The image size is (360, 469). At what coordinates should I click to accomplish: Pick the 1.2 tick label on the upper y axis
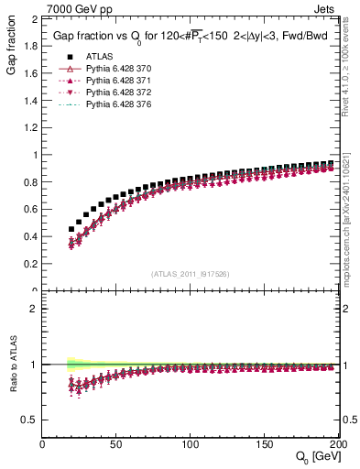30,127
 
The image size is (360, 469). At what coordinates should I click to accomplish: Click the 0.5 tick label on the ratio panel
30,420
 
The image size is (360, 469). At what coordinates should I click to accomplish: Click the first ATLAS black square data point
71,229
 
